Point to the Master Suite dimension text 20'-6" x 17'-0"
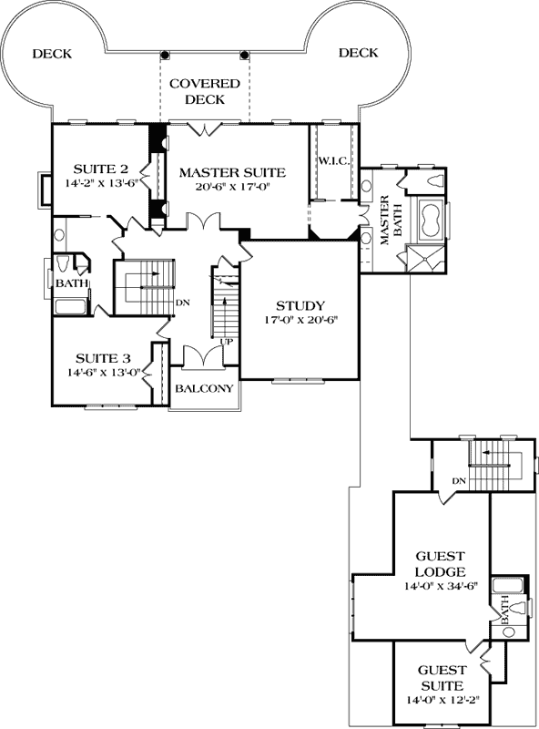[x=232, y=186]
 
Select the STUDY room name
[x=300, y=305]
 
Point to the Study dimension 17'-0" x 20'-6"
[x=300, y=320]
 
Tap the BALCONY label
[x=205, y=388]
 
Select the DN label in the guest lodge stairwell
[x=459, y=480]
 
